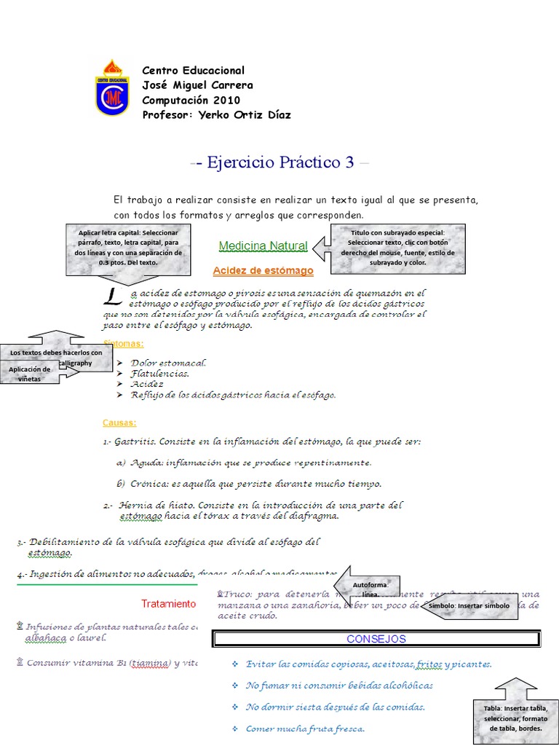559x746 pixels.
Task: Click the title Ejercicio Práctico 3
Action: pos(279,162)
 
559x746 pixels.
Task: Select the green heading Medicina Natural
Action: pos(263,246)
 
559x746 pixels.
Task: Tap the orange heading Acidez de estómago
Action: pos(263,271)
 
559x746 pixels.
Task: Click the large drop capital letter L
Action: pos(111,296)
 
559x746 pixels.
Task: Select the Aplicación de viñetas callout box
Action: pos(30,374)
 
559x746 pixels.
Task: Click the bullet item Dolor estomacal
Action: pos(169,362)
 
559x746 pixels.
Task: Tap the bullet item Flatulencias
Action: pos(160,373)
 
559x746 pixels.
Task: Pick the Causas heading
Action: pos(119,423)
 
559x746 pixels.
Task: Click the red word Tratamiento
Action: pos(168,604)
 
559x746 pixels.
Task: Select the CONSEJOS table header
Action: pos(376,639)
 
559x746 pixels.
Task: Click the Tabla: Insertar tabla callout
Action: pos(515,718)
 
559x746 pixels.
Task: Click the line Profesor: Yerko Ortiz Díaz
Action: pos(216,115)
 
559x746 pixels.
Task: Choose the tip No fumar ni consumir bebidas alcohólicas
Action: pos(339,686)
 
